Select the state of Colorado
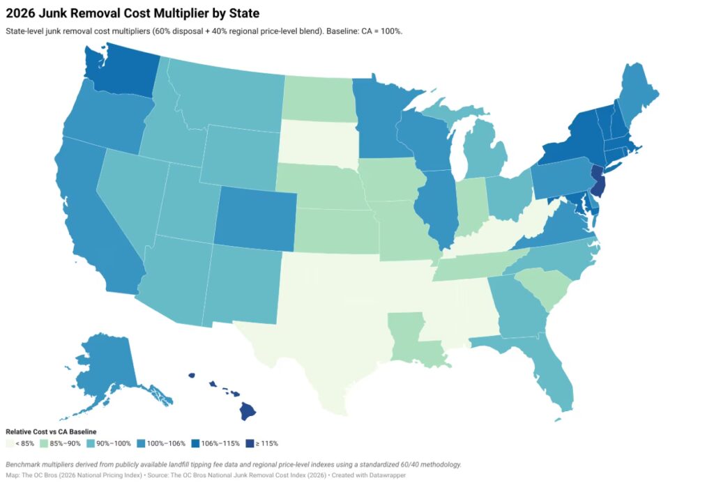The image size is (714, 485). click(x=254, y=217)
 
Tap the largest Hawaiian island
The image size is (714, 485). click(x=249, y=411)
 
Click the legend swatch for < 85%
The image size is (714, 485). click(x=8, y=443)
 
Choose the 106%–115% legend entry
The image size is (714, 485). click(x=217, y=443)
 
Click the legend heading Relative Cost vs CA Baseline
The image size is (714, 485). click(x=51, y=432)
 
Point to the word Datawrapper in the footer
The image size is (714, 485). click(x=388, y=475)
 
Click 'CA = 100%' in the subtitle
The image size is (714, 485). click(x=382, y=31)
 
